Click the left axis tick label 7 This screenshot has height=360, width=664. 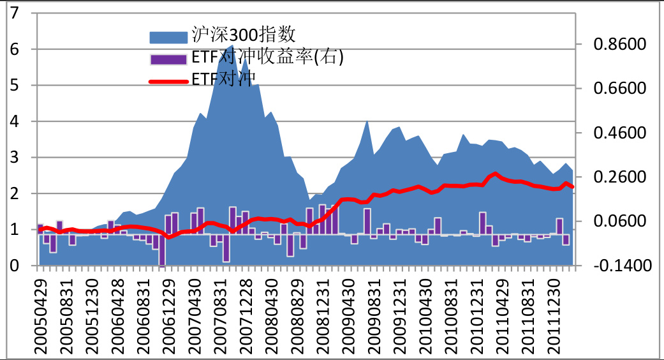click(x=14, y=13)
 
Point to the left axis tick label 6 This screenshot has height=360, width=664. click(x=14, y=49)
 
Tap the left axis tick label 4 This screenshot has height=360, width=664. click(x=14, y=121)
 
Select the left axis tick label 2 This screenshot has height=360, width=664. click(x=14, y=193)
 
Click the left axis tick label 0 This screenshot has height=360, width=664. click(x=14, y=266)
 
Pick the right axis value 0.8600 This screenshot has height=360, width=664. click(x=619, y=45)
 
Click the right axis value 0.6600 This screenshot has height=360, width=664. click(x=619, y=89)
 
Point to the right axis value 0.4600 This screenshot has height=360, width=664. click(x=619, y=133)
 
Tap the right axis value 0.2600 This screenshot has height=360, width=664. click(x=619, y=177)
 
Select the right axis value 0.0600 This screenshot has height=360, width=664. click(x=619, y=221)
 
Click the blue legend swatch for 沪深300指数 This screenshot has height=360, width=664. click(x=169, y=35)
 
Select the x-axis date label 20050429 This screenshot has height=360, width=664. click(x=41, y=313)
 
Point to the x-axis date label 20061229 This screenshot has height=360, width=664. click(x=168, y=313)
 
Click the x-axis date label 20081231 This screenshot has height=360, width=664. click(x=322, y=313)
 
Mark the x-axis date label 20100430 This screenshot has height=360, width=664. click(x=425, y=313)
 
